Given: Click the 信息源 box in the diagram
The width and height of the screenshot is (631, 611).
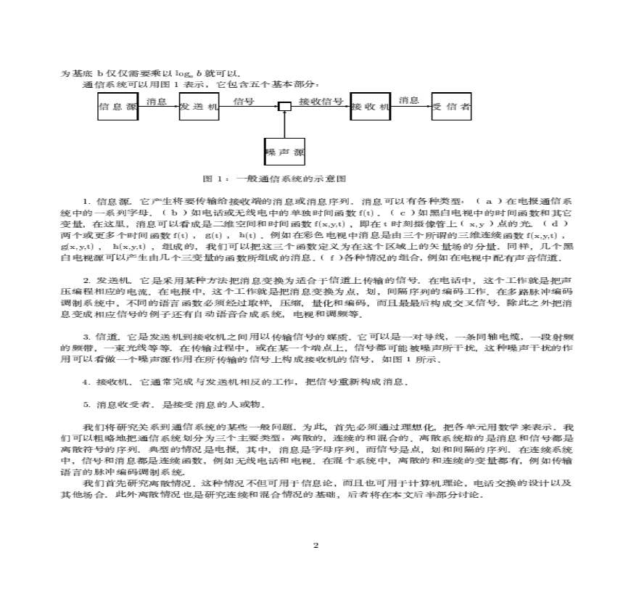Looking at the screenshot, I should (x=117, y=107).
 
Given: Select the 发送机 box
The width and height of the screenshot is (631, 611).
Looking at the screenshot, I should (x=199, y=107).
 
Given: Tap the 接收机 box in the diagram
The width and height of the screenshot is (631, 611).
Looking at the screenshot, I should (x=370, y=107).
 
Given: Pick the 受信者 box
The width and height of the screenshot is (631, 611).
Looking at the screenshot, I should (x=451, y=107).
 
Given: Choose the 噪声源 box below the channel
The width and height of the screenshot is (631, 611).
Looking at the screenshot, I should (x=284, y=152).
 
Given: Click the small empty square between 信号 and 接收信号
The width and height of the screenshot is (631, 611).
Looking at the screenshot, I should (x=285, y=107).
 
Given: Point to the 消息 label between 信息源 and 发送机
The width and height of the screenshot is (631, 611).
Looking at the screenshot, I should (x=157, y=101).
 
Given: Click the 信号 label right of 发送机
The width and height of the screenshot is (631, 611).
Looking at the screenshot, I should (x=244, y=101).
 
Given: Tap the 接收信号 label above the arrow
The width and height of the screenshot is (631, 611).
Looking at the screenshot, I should (x=321, y=101).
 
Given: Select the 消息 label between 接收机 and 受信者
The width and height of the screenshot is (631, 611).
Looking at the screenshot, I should (x=409, y=101).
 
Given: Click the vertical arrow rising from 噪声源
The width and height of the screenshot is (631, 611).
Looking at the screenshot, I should (x=285, y=125).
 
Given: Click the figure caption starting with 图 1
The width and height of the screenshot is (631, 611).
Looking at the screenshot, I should (x=273, y=179).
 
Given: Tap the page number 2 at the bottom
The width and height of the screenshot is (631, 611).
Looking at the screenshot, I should (x=315, y=545).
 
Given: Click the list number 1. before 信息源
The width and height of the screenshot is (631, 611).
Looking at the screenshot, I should (x=86, y=200).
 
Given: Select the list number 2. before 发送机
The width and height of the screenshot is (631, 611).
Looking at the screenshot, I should (x=86, y=279).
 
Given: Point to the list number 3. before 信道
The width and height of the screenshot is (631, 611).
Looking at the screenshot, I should (x=86, y=337).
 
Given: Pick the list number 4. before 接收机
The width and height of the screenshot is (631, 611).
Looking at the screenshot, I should (x=86, y=381).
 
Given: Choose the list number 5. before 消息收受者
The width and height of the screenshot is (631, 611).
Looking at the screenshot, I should (x=86, y=403).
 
